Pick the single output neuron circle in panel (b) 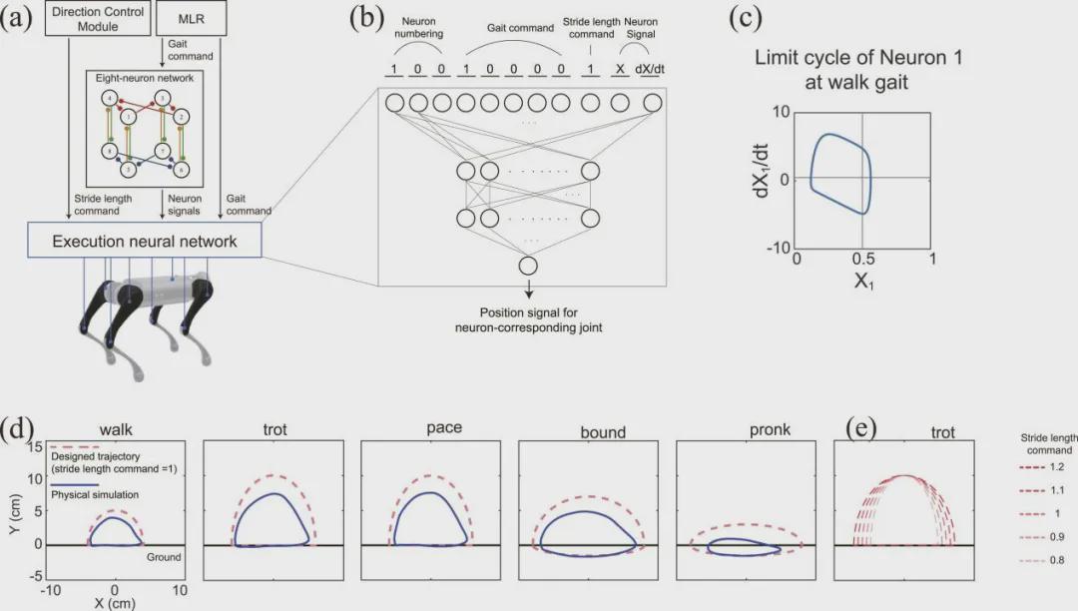(x=528, y=267)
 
